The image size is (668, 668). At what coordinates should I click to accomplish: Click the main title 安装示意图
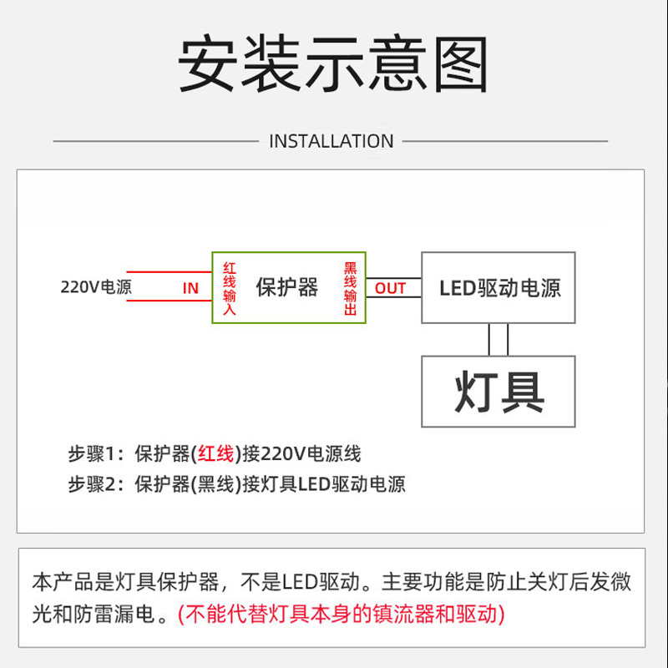(x=333, y=65)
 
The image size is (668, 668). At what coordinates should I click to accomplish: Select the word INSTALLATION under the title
(x=331, y=141)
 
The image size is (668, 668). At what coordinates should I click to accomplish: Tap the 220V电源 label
(x=96, y=287)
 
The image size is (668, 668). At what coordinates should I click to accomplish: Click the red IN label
(x=190, y=288)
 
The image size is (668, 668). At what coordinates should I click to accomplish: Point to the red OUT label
(x=389, y=288)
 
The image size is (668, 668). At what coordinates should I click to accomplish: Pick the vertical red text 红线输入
(x=230, y=288)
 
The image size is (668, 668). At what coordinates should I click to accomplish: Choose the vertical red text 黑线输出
(x=351, y=288)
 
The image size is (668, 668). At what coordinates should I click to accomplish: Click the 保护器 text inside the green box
(x=287, y=287)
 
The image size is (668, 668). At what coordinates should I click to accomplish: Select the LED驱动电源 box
(x=498, y=288)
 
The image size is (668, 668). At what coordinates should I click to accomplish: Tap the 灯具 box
(x=498, y=392)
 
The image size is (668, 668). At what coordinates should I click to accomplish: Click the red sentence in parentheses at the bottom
(x=342, y=615)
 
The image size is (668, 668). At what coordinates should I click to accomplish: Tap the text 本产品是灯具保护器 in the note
(x=125, y=582)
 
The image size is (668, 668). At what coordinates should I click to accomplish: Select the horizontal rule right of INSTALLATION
(x=505, y=141)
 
